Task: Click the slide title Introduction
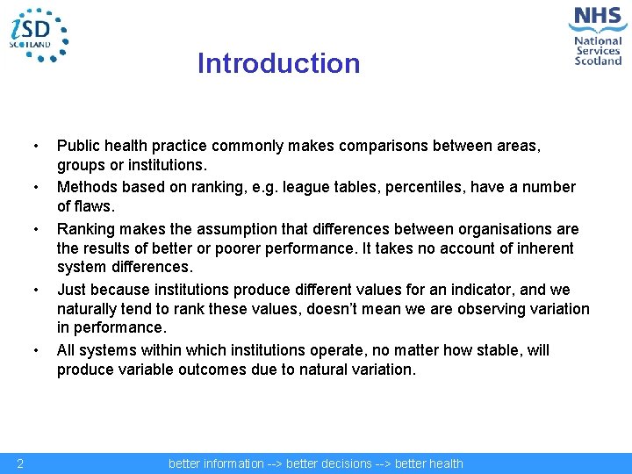278,63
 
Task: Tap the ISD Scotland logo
37,34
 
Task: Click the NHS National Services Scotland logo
598,35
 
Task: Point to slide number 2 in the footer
19,463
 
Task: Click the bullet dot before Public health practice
36,146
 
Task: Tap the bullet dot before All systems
36,350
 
